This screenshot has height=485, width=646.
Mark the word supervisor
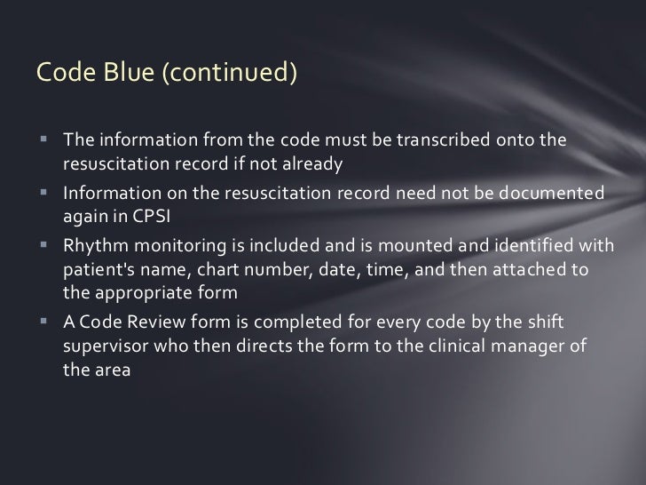click(x=106, y=345)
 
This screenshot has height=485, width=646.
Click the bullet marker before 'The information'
click(x=43, y=144)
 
